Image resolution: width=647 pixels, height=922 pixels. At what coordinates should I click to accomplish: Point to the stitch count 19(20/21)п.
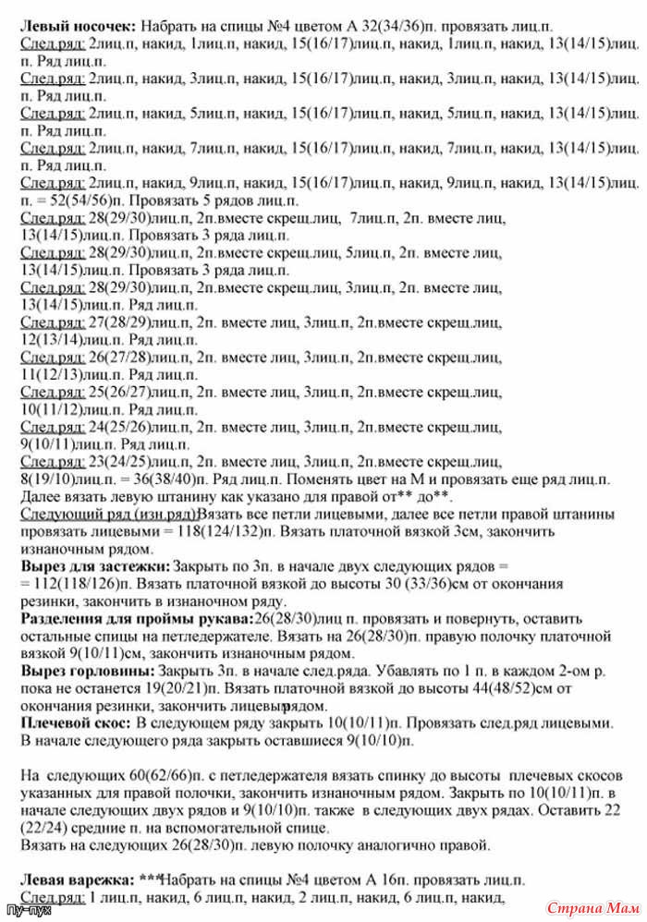click(x=177, y=689)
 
